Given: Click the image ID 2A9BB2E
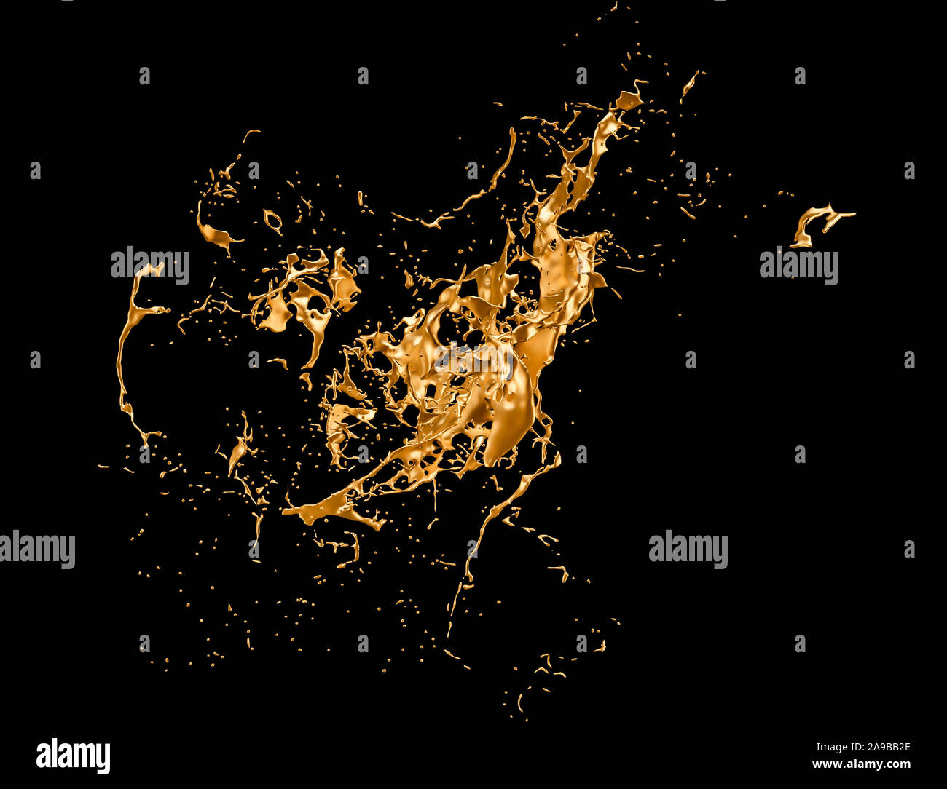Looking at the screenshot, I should click(x=862, y=747).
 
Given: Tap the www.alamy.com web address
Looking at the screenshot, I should click(x=861, y=764).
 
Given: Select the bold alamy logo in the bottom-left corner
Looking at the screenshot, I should click(x=73, y=756).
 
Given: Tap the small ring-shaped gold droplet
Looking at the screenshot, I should click(x=273, y=220).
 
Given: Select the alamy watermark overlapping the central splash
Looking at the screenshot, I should click(x=473, y=358).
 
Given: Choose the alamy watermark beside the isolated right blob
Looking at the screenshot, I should click(x=798, y=266).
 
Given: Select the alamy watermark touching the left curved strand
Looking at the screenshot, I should click(x=149, y=266).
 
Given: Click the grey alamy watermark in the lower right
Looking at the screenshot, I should click(x=688, y=550).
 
